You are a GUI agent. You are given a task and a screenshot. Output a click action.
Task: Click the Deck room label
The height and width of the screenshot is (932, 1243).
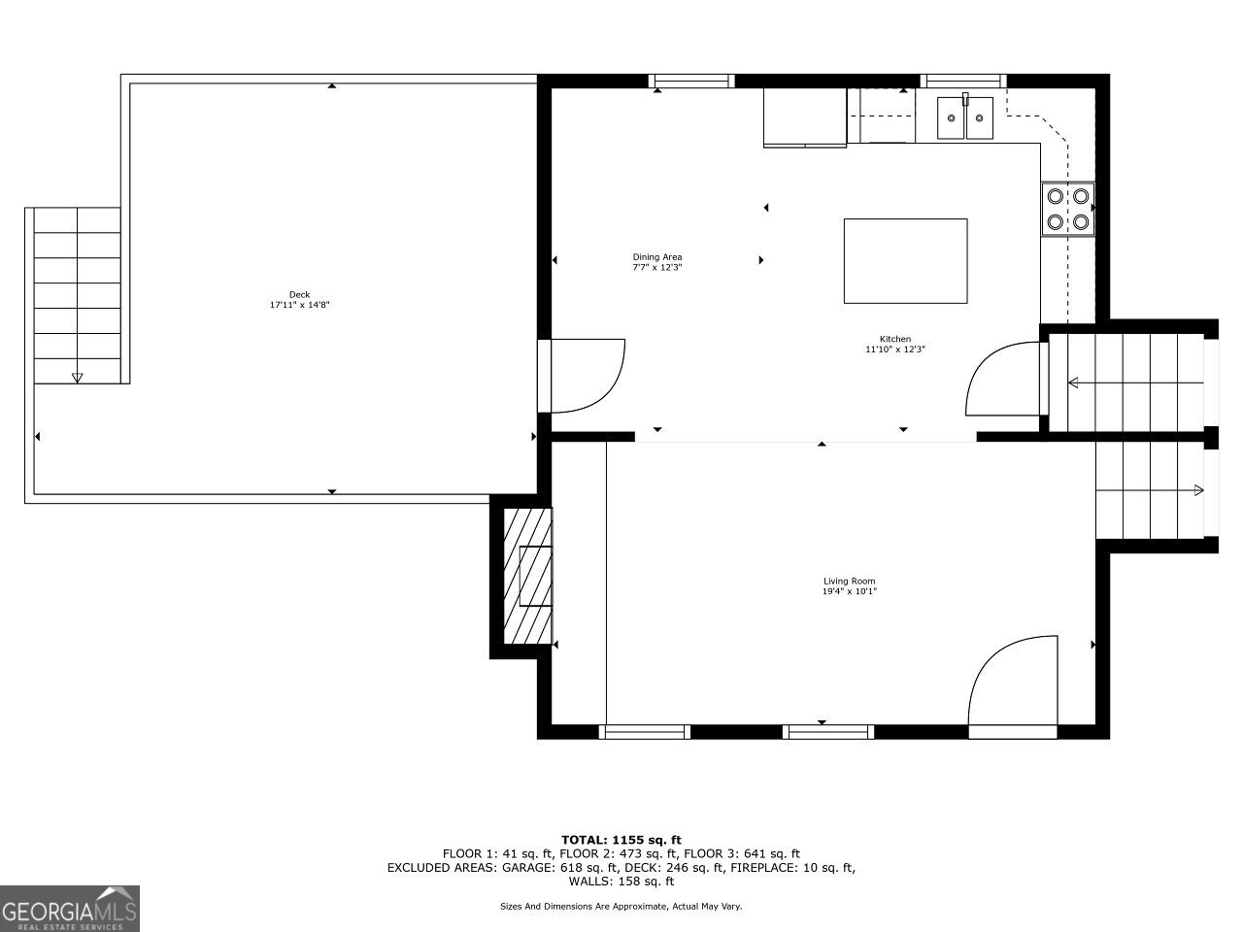pos(299,294)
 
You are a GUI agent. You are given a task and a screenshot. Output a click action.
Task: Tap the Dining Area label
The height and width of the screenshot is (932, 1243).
pos(657,257)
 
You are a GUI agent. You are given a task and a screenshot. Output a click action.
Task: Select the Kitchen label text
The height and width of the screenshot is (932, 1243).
pos(894,339)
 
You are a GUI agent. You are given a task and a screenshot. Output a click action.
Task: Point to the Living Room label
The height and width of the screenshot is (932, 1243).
pos(850,582)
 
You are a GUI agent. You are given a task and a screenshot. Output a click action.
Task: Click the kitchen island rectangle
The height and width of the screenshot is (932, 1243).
pos(905,261)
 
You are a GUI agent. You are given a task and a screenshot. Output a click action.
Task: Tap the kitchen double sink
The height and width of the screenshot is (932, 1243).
pos(965,118)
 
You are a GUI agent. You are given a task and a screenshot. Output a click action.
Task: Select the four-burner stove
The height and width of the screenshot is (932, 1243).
pos(1067,208)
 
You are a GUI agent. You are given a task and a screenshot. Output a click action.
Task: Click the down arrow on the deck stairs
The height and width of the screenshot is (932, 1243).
pos(78,377)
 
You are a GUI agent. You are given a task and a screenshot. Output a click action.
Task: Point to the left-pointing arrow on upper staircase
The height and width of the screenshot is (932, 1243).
pos(1073,383)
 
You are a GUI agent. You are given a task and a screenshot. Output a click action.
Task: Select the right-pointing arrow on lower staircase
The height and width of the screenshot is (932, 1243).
pos(1198,490)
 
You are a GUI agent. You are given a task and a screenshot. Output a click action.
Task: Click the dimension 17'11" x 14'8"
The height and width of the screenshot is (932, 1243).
pos(300,305)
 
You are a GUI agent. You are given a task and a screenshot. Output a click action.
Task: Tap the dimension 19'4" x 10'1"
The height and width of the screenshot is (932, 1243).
pos(850,591)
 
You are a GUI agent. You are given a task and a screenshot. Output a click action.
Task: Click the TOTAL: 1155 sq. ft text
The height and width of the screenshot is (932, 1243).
pos(621,840)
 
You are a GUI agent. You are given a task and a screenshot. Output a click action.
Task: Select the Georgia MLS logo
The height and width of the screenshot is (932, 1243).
pos(70,909)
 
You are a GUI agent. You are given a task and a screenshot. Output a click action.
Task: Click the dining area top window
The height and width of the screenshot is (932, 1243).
pos(691,82)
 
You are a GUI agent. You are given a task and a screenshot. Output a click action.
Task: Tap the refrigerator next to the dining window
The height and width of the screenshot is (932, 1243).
pos(805,117)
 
